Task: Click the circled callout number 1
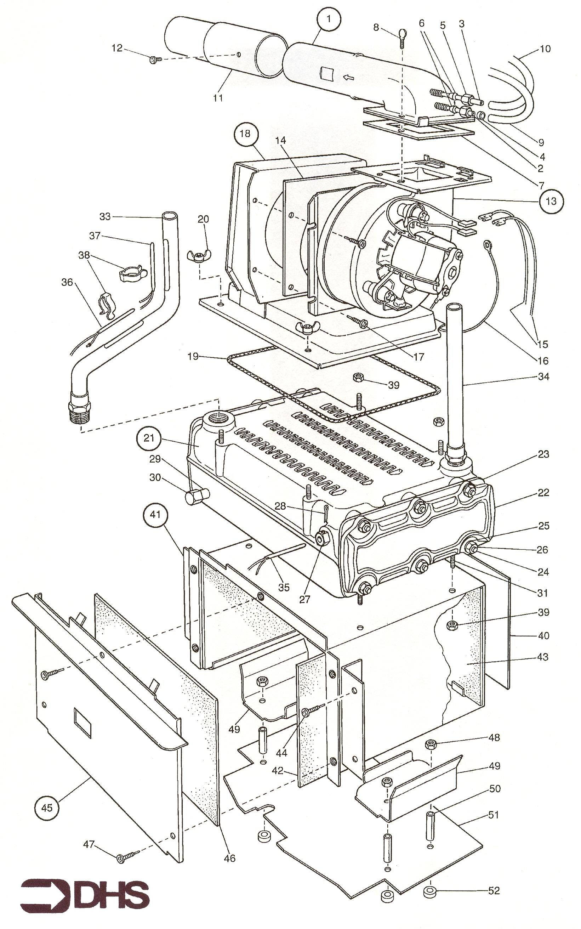pyautogui.click(x=329, y=19)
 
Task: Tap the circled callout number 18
pyautogui.click(x=245, y=134)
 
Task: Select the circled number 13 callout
pyautogui.click(x=551, y=201)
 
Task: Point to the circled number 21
pyautogui.click(x=149, y=438)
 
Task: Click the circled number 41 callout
pyautogui.click(x=155, y=514)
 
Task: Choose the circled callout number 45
pyautogui.click(x=46, y=808)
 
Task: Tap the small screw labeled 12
pyautogui.click(x=154, y=60)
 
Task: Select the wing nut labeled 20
pyautogui.click(x=198, y=256)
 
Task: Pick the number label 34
pyautogui.click(x=543, y=377)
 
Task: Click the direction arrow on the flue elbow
pyautogui.click(x=348, y=78)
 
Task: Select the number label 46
pyautogui.click(x=229, y=855)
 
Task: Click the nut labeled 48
pyautogui.click(x=431, y=744)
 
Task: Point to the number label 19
pyautogui.click(x=193, y=356)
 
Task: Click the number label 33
pyautogui.click(x=105, y=216)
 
